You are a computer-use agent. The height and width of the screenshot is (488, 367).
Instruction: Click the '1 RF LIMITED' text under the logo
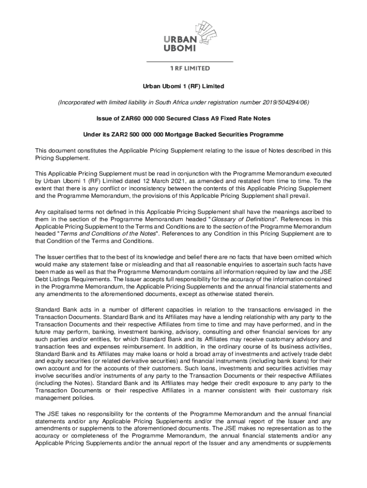point(189,68)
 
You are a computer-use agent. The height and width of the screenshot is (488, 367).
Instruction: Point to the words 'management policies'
point(65,398)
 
